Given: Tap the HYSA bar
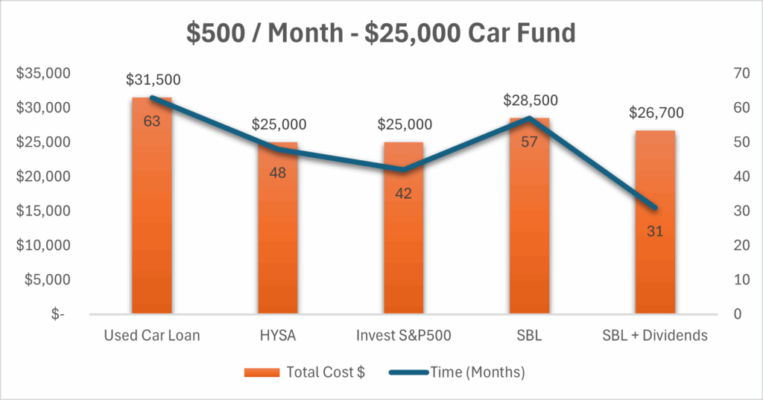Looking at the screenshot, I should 278,238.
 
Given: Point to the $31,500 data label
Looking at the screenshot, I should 153,80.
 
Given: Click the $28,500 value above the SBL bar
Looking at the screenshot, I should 531,101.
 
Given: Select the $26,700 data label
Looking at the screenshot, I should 656,113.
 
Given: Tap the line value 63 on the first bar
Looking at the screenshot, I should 152,121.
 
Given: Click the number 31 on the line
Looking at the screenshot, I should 656,231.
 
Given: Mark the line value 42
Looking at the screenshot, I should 404,194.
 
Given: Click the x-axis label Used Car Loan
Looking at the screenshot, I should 152,335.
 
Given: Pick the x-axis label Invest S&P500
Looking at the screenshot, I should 404,335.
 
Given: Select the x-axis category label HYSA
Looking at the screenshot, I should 278,335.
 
